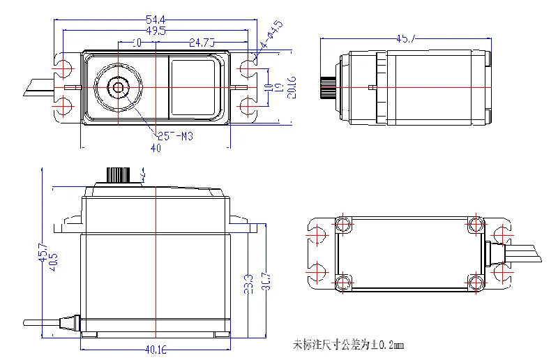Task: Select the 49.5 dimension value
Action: coord(156,31)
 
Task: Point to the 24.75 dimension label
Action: coord(202,43)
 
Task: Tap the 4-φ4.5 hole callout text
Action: coord(271,36)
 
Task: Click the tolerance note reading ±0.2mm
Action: coord(349,345)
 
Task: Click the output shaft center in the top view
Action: coord(118,87)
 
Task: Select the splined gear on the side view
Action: coord(327,87)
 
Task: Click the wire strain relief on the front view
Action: coord(73,322)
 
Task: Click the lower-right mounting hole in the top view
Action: coord(248,106)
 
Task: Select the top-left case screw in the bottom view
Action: coord(342,224)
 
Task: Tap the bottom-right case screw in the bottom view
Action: coord(476,282)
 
